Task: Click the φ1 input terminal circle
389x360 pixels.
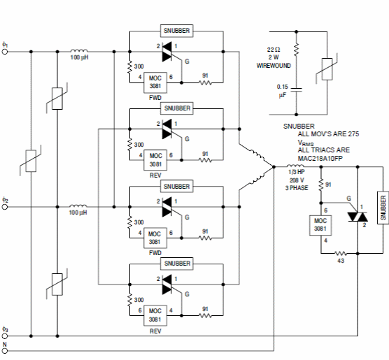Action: tap(5, 52)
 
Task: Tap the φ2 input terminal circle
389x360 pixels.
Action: tap(5, 207)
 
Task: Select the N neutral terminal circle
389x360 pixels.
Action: tap(5, 351)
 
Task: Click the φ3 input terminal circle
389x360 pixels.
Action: tap(5, 336)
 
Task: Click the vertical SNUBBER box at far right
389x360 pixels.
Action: tap(383, 208)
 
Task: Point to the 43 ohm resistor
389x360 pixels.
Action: tap(341, 253)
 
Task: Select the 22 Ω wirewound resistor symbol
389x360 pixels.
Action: tap(296, 50)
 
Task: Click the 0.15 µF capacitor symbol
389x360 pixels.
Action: tap(296, 89)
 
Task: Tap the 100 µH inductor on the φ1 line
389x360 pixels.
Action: tap(79, 50)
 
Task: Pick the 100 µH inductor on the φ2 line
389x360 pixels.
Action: tap(78, 206)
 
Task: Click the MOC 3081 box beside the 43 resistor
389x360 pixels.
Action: tap(320, 225)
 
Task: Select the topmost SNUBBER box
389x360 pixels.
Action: tap(176, 31)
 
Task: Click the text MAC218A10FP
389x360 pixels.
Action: tap(320, 158)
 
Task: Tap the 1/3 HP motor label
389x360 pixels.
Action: tap(297, 172)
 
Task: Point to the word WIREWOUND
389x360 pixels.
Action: tap(274, 66)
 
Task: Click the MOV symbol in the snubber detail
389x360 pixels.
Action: tap(327, 69)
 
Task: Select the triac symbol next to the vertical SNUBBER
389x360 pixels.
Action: tap(358, 217)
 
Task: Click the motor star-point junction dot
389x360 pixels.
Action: tap(274, 167)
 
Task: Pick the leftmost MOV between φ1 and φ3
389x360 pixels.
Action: tap(31, 161)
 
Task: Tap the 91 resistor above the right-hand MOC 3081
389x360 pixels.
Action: tap(321, 185)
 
